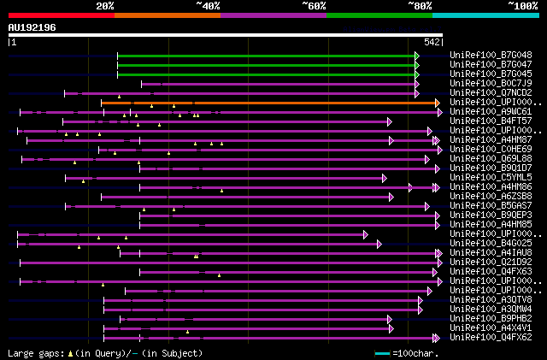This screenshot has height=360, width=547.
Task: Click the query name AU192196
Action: click(x=32, y=27)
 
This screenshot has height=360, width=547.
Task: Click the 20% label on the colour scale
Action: click(x=105, y=6)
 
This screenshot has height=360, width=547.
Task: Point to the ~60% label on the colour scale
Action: click(x=314, y=6)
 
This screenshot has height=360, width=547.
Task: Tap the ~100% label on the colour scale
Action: click(x=523, y=6)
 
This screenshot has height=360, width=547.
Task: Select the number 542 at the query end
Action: click(x=432, y=41)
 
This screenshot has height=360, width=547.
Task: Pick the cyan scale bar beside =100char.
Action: click(x=382, y=352)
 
